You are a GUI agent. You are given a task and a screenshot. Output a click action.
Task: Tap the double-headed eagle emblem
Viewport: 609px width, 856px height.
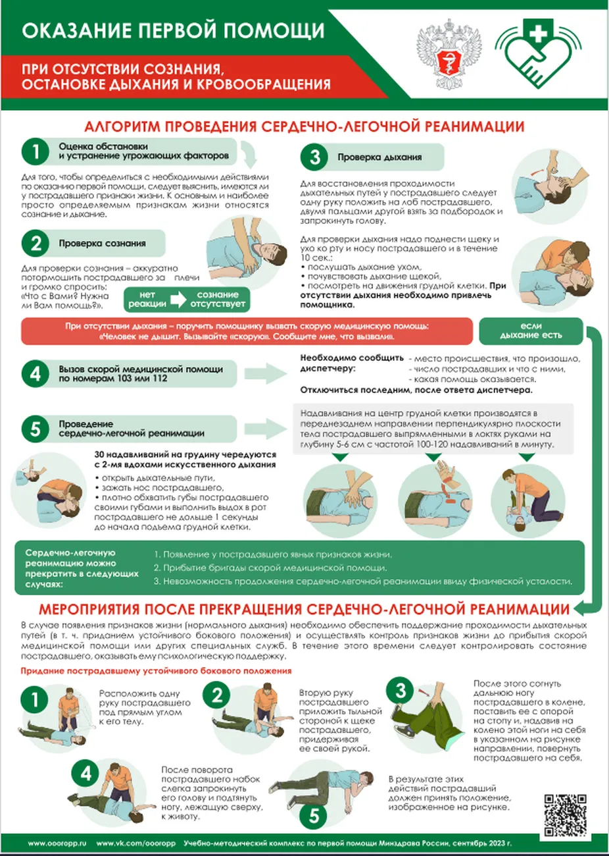pos(449,54)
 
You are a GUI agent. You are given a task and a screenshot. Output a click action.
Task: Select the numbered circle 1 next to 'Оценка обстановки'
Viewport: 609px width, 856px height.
pos(35,151)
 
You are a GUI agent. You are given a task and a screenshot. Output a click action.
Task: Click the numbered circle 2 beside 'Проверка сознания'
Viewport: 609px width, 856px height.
pos(35,244)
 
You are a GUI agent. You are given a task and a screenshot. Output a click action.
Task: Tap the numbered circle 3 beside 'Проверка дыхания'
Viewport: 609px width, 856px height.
pos(314,157)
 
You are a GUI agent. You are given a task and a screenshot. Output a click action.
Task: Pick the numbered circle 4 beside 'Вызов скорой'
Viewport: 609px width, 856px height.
pos(35,374)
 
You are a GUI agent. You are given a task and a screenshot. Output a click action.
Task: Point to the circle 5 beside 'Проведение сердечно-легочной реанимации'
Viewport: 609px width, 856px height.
pos(35,429)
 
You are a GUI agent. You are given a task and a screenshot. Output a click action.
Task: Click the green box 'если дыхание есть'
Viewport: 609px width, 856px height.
pos(531,331)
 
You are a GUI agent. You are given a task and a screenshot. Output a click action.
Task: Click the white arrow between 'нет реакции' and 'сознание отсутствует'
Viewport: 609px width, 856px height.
pos(178,299)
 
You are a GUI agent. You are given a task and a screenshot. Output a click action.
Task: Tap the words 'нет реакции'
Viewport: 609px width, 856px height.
pos(147,299)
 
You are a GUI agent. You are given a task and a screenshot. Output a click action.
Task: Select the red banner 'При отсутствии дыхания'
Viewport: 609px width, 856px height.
pos(247,331)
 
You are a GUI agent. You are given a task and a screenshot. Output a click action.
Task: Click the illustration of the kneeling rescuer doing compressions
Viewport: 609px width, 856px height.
pos(528,500)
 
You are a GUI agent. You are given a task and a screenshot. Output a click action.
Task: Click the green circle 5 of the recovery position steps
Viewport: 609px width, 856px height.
pos(313,816)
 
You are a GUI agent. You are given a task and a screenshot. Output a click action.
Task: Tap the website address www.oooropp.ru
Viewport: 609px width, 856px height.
pos(57,843)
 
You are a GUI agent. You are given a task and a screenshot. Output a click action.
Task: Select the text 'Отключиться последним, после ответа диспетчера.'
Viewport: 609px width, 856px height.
pos(416,390)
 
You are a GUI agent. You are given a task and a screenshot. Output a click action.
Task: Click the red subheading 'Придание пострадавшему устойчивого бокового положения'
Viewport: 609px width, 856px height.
pos(156,671)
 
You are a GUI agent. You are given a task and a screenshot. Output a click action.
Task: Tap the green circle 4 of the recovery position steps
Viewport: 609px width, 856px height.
pos(86,774)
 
